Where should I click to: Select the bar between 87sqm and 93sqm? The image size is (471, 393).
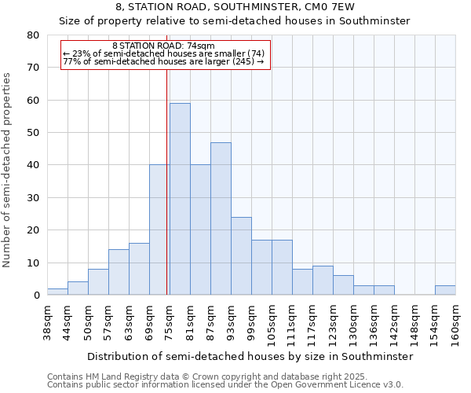[221, 219]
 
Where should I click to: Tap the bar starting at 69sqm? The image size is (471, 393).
[159, 230]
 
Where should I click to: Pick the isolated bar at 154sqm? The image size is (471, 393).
[445, 290]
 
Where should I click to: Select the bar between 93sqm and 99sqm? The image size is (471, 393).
[241, 255]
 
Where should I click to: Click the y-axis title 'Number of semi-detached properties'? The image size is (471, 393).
[8, 169]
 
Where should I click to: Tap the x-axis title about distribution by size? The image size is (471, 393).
[250, 356]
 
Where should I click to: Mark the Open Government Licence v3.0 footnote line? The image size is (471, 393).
[225, 385]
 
